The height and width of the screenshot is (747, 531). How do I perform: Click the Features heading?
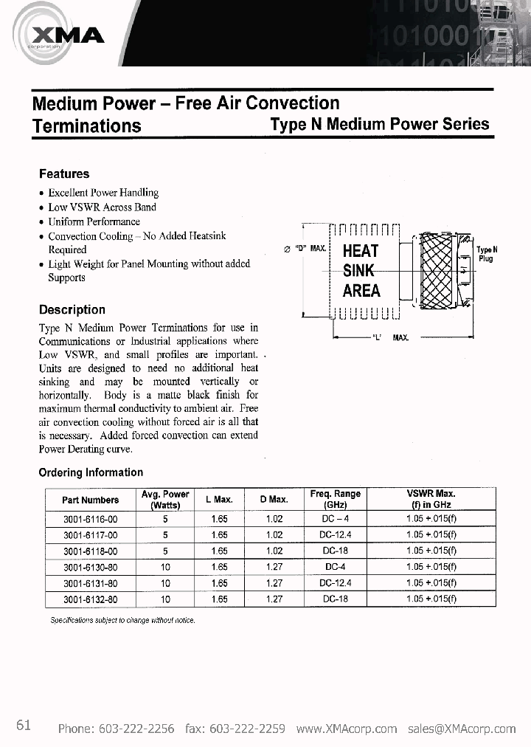click(64, 174)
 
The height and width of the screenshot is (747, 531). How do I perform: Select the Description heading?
click(72, 310)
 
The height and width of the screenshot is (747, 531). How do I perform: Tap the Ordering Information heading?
click(91, 472)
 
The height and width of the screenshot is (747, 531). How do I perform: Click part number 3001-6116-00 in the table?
click(91, 519)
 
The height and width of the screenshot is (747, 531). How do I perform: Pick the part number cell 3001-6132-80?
click(91, 599)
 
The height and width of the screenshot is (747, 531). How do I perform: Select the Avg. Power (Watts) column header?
click(165, 500)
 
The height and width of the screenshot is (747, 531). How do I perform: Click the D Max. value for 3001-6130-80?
click(274, 567)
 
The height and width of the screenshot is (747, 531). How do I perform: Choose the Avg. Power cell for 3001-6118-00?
click(165, 551)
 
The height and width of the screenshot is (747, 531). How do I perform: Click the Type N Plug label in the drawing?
click(486, 255)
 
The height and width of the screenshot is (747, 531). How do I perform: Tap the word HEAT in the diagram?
click(361, 251)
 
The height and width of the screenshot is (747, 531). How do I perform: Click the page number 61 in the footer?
click(23, 725)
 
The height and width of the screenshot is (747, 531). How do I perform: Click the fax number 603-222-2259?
click(248, 729)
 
